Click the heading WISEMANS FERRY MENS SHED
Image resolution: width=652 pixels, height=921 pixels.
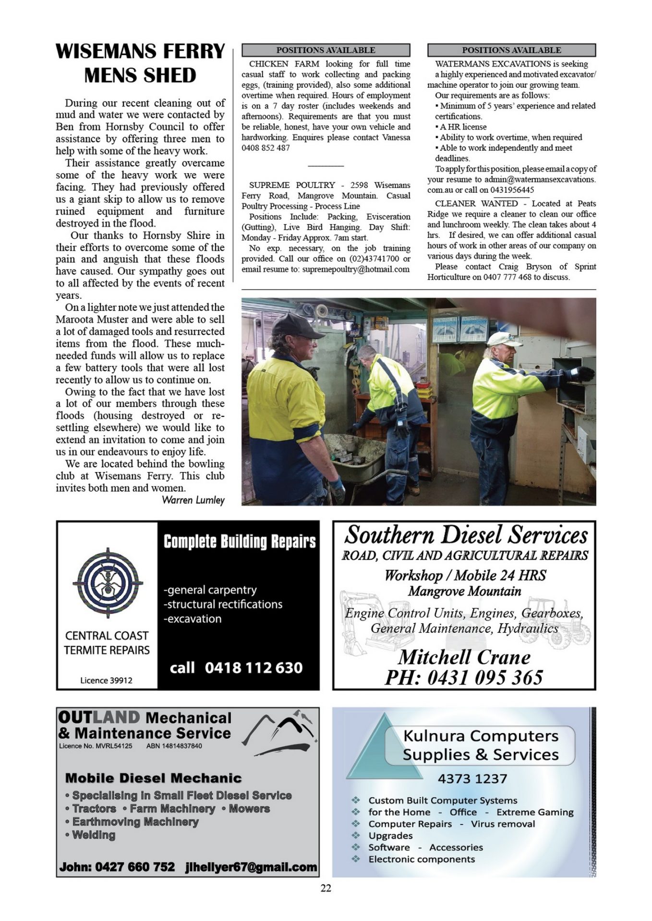(x=140, y=63)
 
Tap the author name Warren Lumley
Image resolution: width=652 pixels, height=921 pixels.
(x=193, y=500)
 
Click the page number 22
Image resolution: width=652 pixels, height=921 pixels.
(x=326, y=888)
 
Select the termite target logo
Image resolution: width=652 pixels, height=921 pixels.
(x=108, y=583)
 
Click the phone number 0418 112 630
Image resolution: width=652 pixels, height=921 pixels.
(x=254, y=668)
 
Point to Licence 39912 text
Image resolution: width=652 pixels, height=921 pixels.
(x=106, y=680)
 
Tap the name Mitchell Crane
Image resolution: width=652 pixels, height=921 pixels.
(x=464, y=657)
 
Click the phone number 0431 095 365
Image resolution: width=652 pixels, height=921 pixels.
(x=464, y=677)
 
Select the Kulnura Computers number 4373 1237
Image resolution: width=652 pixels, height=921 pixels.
(x=472, y=779)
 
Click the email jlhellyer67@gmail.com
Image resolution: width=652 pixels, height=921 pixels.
(x=251, y=867)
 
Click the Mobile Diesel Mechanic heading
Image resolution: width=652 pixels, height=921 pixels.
(x=153, y=778)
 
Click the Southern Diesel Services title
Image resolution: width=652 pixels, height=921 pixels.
(x=466, y=534)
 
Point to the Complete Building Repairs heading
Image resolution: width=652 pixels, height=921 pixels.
(x=240, y=542)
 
